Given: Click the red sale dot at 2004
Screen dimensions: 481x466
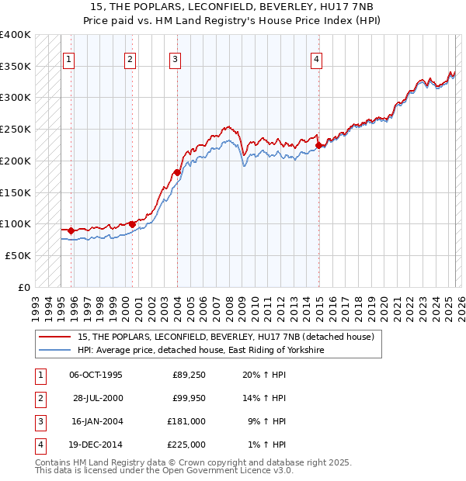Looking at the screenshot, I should coord(177,172).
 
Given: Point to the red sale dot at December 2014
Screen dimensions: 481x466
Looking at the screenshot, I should coord(319,145).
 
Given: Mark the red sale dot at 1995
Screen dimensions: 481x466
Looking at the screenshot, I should coord(71,230).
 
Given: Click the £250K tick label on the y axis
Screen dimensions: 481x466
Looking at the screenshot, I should coord(16,130).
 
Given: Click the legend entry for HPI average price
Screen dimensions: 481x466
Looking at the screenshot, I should coord(200,351).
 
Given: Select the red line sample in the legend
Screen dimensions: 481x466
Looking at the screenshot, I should coord(54,337).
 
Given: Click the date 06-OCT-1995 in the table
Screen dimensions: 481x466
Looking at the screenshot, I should coord(96,375).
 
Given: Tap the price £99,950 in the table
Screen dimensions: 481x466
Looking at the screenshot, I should coord(189,398).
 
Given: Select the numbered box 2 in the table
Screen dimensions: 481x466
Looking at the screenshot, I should coord(40,399).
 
